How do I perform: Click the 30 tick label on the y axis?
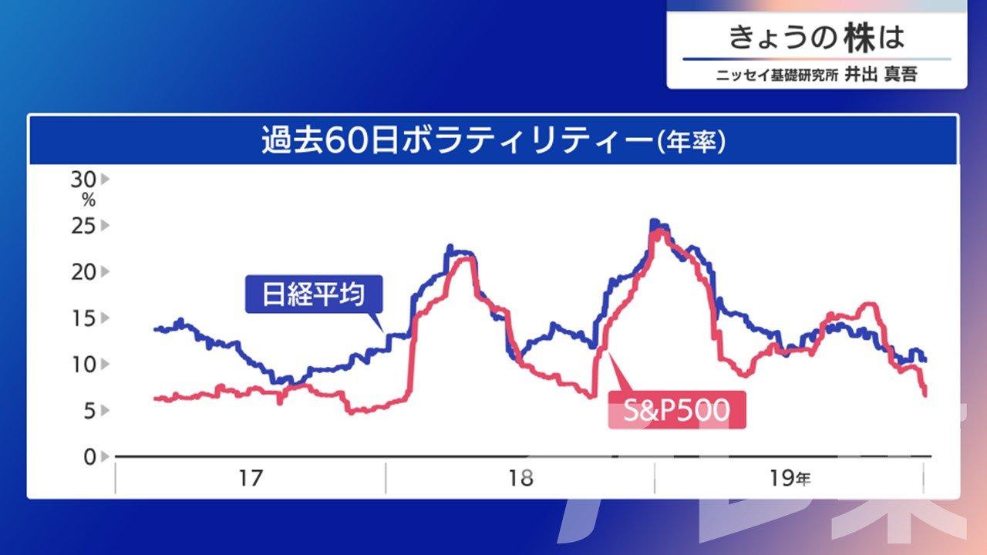[83, 180]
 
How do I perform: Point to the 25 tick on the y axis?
[83, 226]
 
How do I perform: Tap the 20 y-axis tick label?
[83, 272]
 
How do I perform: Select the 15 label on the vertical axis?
[83, 318]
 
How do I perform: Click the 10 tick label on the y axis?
[83, 365]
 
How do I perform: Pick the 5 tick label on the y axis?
[89, 411]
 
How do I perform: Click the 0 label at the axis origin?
[89, 457]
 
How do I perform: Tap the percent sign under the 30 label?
[89, 201]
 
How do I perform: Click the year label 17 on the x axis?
[251, 479]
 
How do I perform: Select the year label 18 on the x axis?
[520, 479]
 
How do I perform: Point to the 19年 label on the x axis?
[790, 479]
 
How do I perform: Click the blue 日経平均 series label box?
[314, 294]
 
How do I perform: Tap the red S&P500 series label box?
[677, 410]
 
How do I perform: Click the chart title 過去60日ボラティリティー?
[456, 141]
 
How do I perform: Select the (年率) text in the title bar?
[691, 142]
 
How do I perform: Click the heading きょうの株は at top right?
[817, 38]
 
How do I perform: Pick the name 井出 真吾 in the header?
[881, 74]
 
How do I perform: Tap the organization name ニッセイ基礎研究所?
[777, 76]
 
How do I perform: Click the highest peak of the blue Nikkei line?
[654, 220]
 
